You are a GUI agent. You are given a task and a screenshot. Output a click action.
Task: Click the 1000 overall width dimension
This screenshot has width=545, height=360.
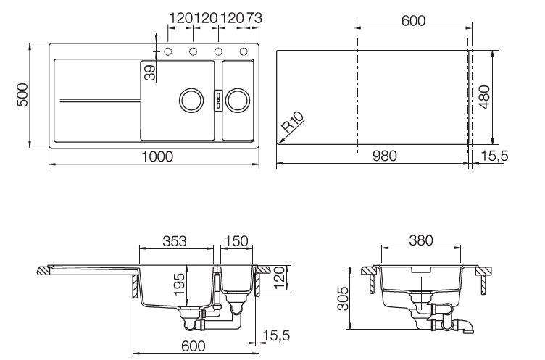(157, 156)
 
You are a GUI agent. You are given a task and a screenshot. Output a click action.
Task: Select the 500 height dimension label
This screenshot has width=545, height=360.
(22, 95)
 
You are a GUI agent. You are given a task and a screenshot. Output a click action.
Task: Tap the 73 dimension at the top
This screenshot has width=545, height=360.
(254, 18)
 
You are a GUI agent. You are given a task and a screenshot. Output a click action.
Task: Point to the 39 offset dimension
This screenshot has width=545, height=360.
(150, 73)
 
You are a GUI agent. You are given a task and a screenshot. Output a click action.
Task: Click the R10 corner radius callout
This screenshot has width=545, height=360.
(293, 122)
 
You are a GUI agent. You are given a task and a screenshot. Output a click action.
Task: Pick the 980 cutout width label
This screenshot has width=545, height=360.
(384, 156)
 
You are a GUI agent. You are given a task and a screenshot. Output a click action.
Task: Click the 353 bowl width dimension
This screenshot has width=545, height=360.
(175, 240)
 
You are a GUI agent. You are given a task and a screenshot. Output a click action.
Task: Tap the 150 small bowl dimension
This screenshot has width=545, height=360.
(236, 240)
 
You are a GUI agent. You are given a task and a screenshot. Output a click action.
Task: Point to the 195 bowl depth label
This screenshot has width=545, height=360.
(179, 284)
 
